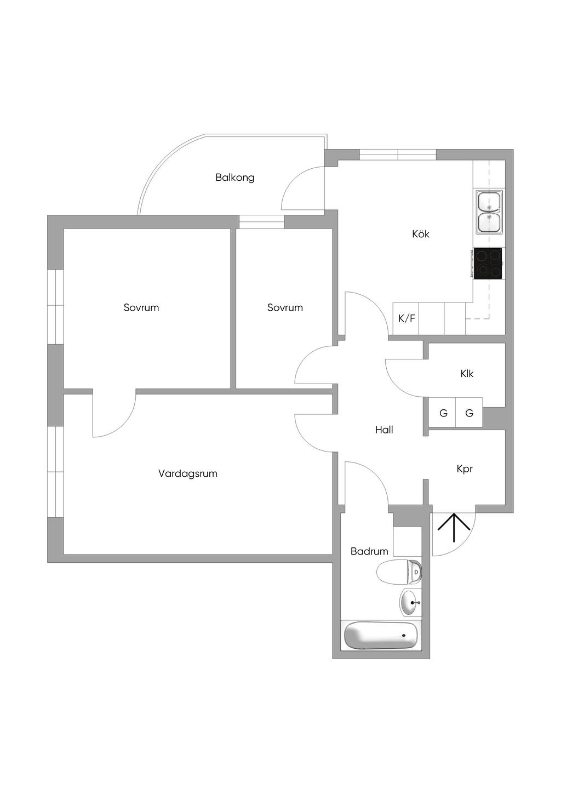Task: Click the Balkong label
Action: [x=235, y=177]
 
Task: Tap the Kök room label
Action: [x=421, y=234]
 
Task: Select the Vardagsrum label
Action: [x=188, y=473]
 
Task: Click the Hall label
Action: [x=384, y=430]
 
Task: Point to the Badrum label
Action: [x=369, y=551]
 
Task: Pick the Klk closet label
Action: [x=467, y=374]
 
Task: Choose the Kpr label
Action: [x=465, y=469]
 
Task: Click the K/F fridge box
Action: [x=406, y=318]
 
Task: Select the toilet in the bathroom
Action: [x=399, y=572]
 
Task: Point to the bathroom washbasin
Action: [x=411, y=603]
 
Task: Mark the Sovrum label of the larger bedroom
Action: [x=141, y=307]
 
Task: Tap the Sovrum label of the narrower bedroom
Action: [x=285, y=307]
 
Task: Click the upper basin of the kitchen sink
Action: [x=489, y=202]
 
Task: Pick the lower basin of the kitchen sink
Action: [x=489, y=222]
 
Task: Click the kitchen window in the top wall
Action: [x=398, y=155]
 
